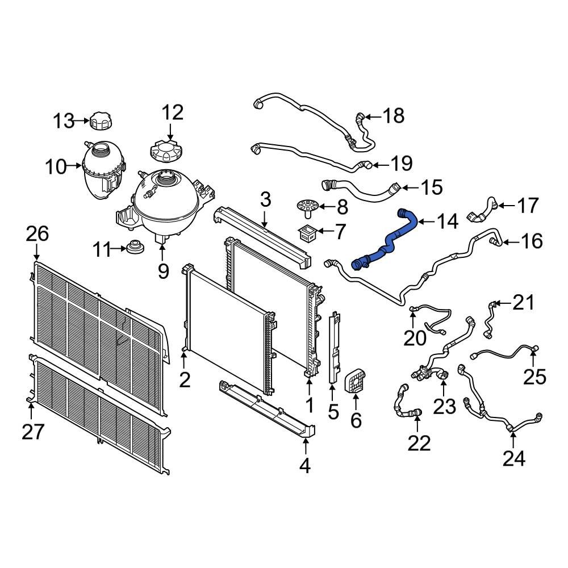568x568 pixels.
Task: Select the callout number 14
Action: click(x=446, y=222)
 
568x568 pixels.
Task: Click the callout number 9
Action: click(x=164, y=271)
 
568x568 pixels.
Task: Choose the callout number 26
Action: click(x=37, y=234)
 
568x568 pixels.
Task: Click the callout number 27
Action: click(x=33, y=432)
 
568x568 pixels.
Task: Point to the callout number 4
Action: click(x=305, y=466)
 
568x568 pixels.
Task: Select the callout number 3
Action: click(x=266, y=199)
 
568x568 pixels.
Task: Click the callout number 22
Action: click(x=419, y=443)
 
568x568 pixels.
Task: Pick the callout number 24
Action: click(x=513, y=457)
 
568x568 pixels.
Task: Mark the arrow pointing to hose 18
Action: click(x=371, y=118)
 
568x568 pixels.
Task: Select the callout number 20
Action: click(x=415, y=338)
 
